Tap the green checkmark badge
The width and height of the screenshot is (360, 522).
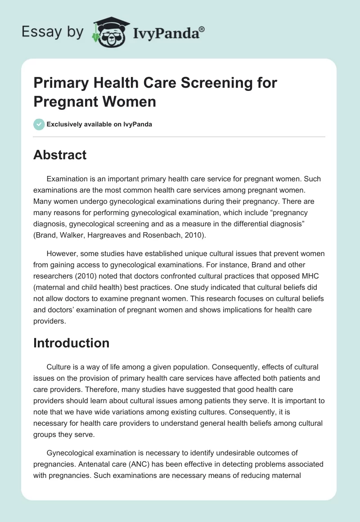coord(39,124)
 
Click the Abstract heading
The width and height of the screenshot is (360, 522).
coord(60,155)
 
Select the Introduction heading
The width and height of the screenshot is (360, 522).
coord(72,343)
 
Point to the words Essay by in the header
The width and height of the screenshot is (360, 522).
coord(52,32)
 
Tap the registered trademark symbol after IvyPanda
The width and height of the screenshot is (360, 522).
coord(202,28)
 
